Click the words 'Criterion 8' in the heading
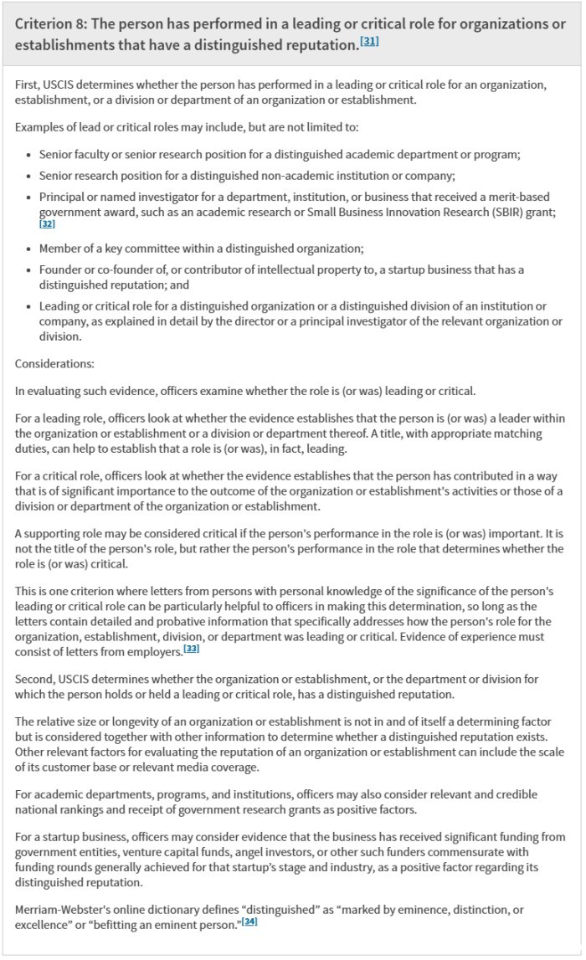coord(52,23)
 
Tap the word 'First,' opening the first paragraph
coord(30,85)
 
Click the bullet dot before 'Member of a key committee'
coord(29,248)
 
